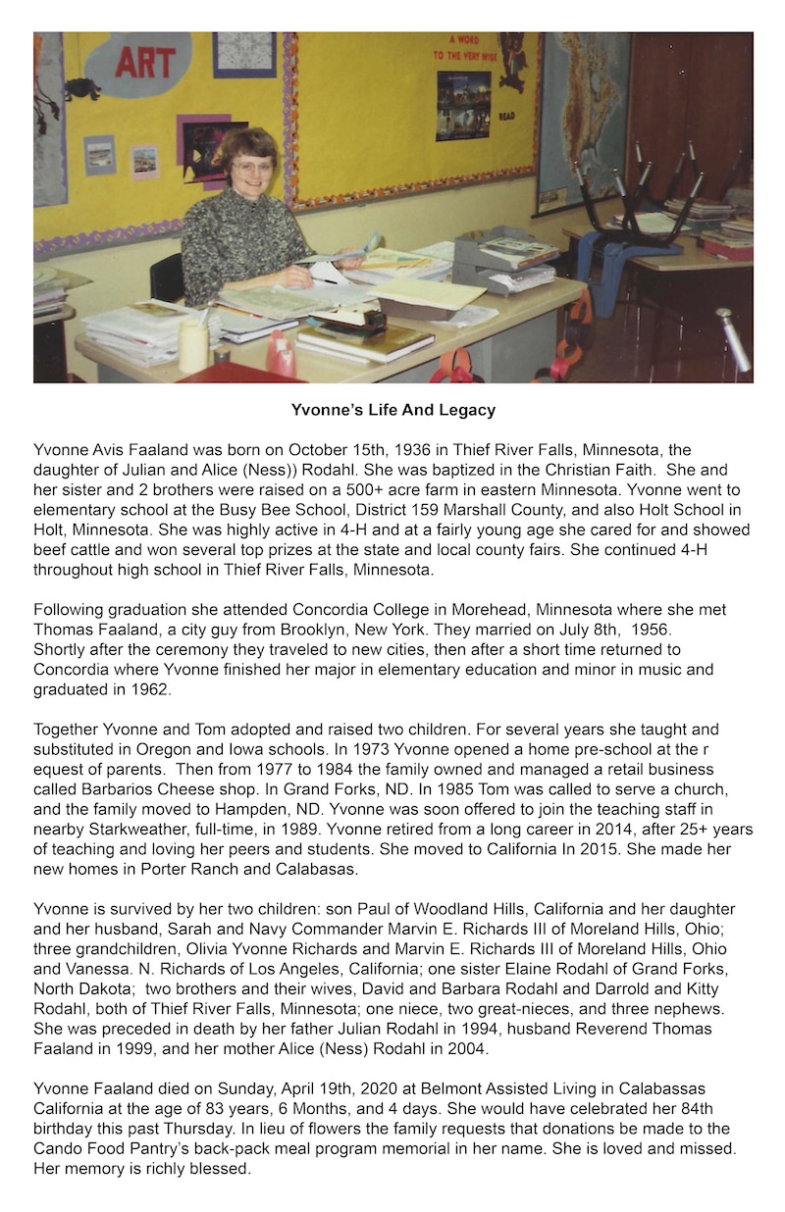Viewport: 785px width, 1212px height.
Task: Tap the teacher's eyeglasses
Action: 252,168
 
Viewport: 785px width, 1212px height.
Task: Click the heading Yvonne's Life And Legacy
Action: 392,411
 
